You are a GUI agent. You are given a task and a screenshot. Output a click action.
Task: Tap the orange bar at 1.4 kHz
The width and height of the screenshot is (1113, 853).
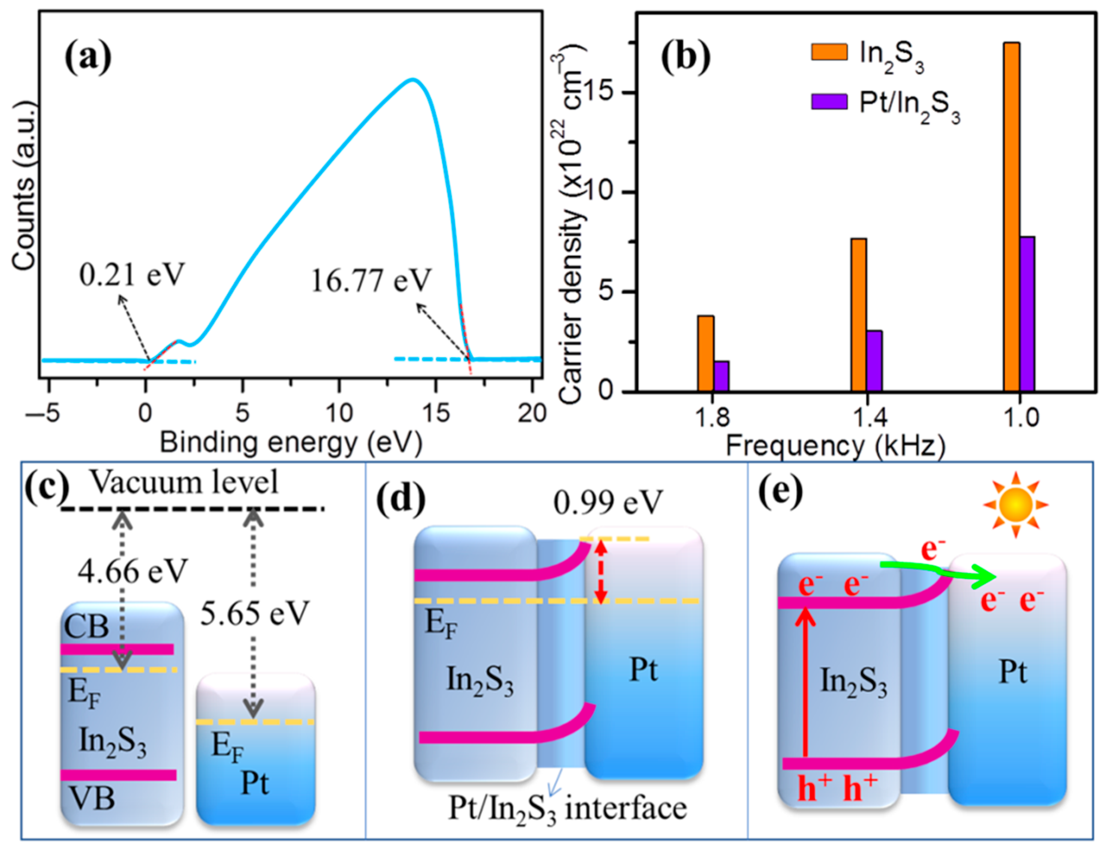[859, 315]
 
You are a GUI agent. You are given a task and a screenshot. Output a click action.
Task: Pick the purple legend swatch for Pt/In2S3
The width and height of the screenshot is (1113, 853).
[829, 102]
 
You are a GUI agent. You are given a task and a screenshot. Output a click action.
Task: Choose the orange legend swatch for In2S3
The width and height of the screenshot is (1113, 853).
[829, 52]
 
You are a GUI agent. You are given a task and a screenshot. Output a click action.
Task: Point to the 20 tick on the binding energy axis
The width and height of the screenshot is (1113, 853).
[532, 414]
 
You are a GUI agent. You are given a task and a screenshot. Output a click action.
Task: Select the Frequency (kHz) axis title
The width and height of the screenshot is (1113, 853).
[835, 447]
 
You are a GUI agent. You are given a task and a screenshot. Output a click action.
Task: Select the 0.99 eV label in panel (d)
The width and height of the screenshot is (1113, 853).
[608, 503]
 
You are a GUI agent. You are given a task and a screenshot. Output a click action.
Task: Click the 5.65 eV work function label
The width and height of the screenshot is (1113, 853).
[254, 613]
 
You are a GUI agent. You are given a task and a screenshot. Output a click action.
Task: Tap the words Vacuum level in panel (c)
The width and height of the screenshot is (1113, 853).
[184, 482]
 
